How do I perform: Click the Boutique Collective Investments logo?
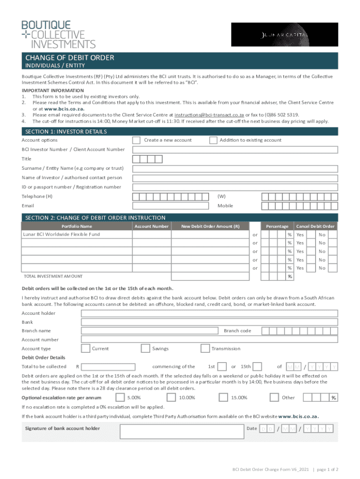click(58, 34)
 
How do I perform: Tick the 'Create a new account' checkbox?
click(136, 140)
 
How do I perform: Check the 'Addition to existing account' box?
click(213, 140)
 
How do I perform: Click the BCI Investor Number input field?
click(235, 150)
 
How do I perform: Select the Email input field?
click(173, 206)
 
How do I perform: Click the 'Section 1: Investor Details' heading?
click(66, 131)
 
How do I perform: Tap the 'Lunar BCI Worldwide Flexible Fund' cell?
click(76, 234)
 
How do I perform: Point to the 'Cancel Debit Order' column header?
click(316, 226)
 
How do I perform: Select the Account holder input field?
click(209, 313)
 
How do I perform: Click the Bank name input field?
click(209, 322)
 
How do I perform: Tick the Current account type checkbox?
click(86, 348)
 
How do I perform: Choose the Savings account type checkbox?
click(145, 348)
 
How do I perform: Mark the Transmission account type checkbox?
click(205, 348)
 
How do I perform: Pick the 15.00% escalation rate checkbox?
click(223, 398)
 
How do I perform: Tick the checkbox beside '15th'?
click(257, 366)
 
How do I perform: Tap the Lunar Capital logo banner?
click(285, 34)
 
